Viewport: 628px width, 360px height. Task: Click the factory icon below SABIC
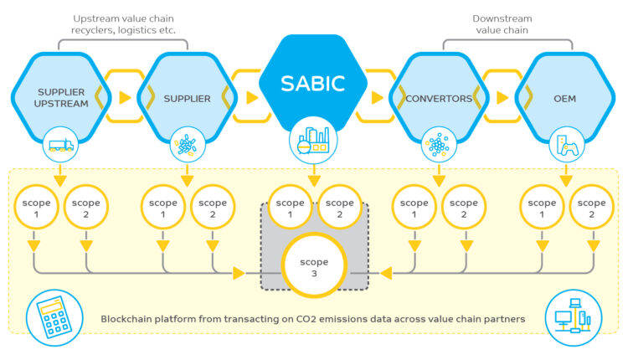(313, 141)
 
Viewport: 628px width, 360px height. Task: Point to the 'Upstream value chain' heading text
(124, 18)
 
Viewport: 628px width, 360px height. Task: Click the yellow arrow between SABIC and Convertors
(378, 98)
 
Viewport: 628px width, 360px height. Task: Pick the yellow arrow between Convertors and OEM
(502, 98)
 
